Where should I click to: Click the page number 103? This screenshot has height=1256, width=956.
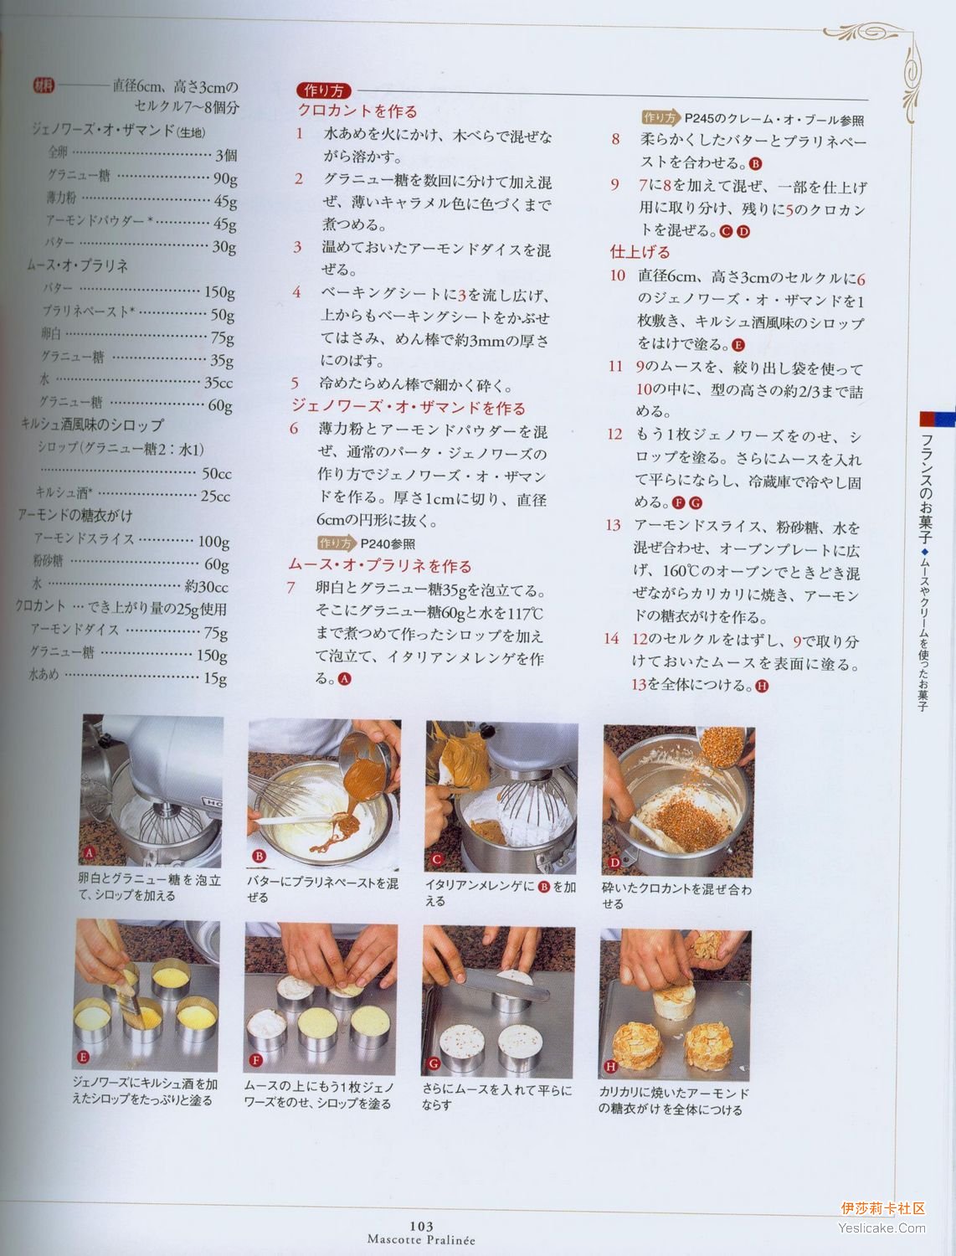421,1226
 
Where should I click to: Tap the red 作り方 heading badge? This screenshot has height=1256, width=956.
324,90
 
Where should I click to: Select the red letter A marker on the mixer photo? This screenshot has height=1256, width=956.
89,853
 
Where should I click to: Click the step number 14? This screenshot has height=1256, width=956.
611,639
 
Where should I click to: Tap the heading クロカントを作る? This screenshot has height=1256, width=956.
357,111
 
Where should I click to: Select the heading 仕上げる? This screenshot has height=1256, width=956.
640,252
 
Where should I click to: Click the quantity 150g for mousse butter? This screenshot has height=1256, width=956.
219,292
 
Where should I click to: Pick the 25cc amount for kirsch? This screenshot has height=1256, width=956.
216,496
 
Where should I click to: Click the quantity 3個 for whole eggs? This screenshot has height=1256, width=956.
225,155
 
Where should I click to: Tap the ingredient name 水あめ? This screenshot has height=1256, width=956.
44,675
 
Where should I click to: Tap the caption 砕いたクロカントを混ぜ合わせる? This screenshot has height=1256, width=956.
676,897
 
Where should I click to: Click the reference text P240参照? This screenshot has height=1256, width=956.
388,543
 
